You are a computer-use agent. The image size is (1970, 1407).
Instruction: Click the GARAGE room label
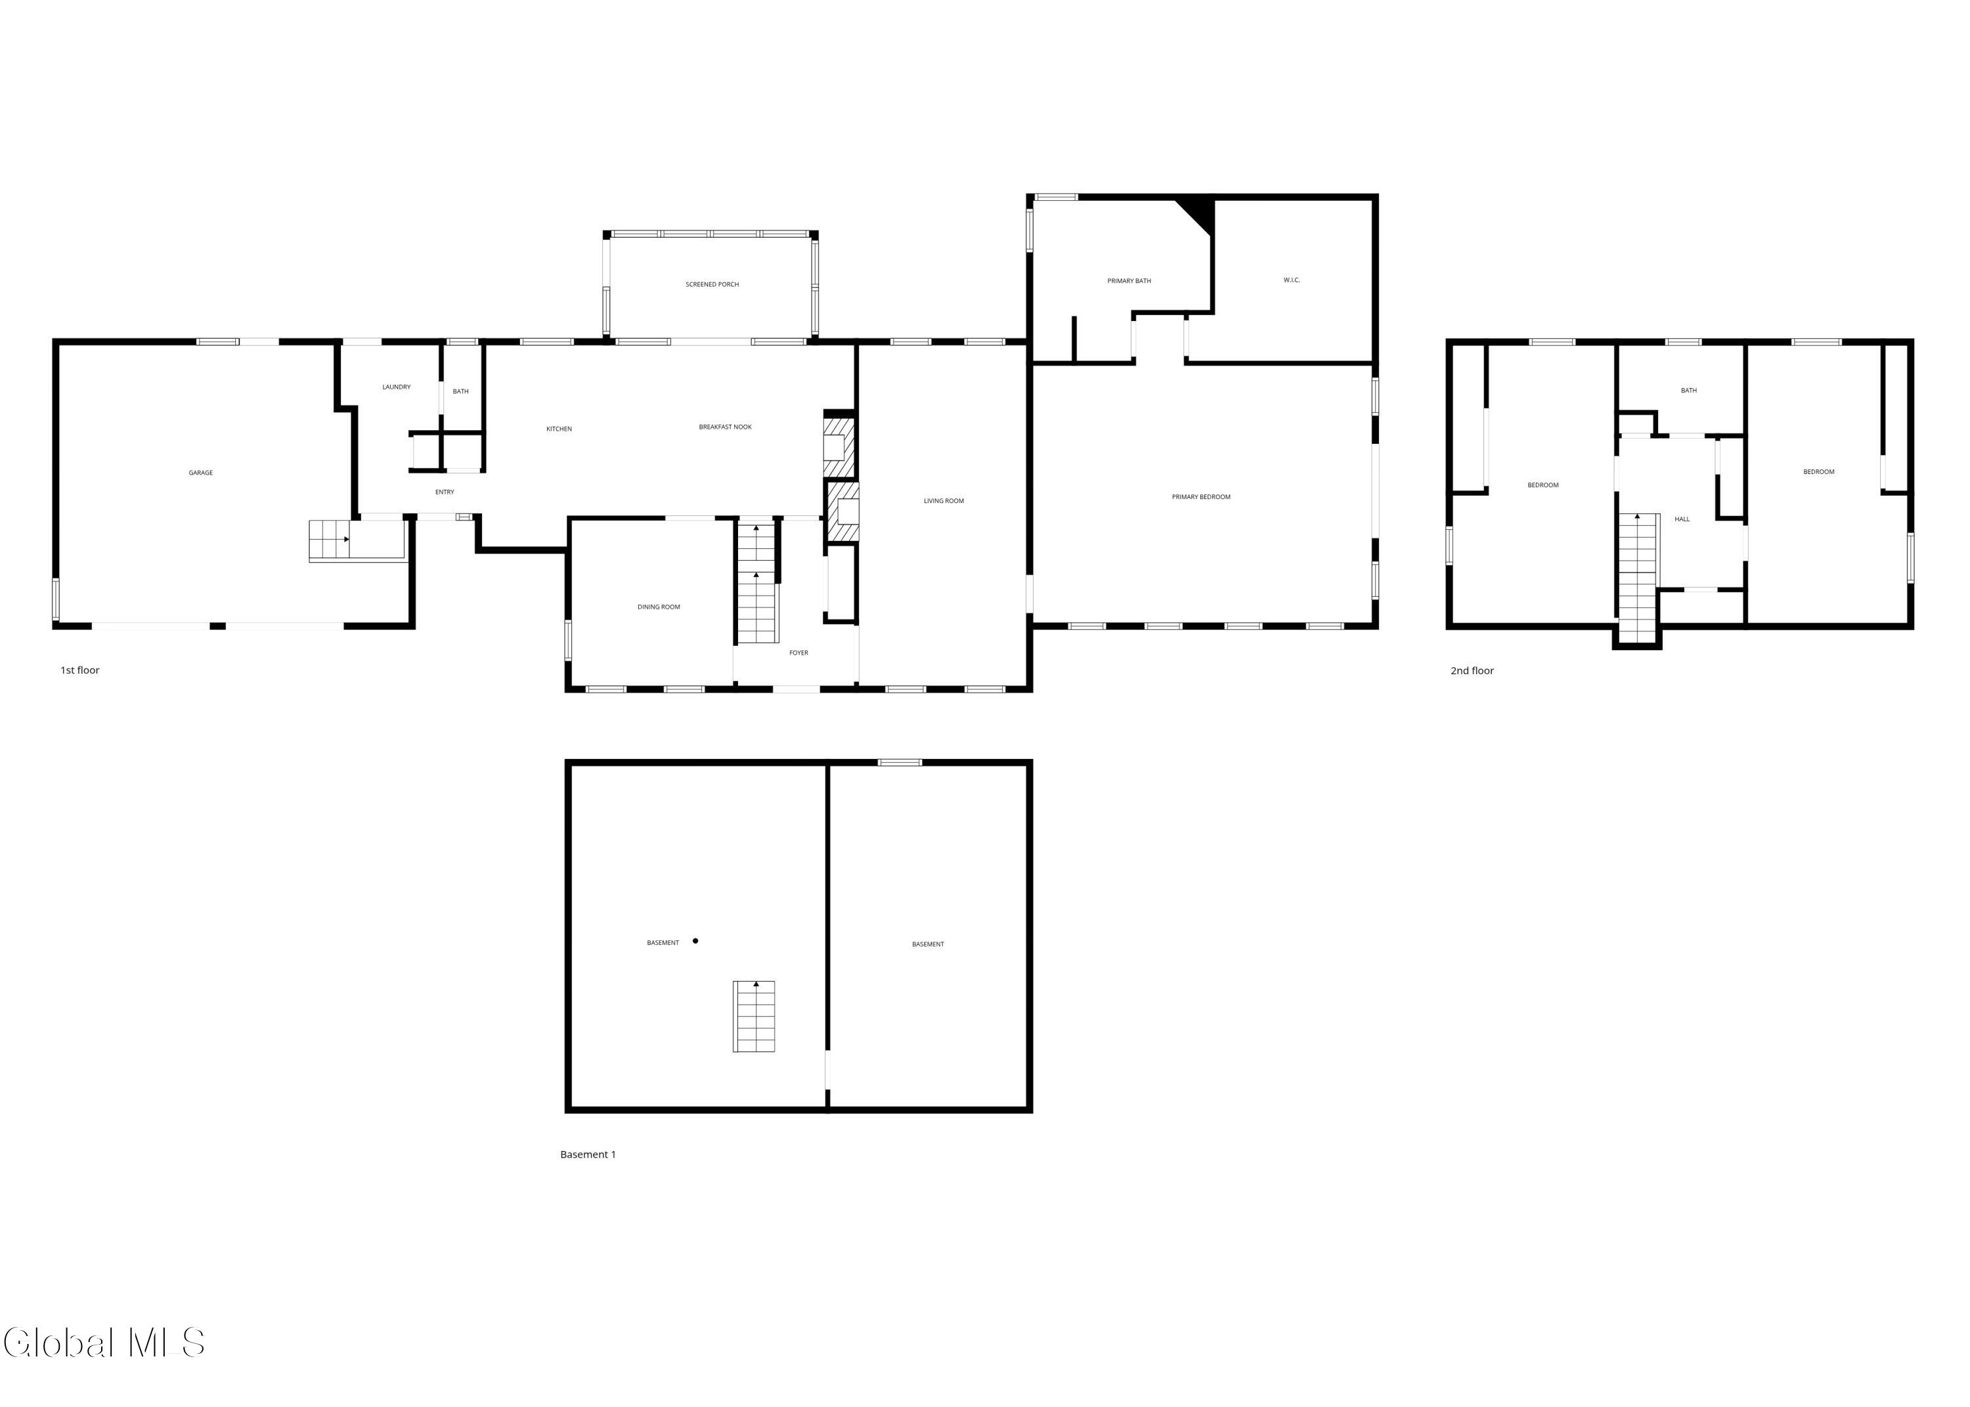click(200, 473)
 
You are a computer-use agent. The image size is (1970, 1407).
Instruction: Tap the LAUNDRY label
click(396, 387)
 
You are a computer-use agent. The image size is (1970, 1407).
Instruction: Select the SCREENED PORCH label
click(712, 284)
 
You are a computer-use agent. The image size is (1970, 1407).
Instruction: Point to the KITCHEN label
click(559, 429)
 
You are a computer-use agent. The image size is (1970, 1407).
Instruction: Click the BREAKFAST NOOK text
click(725, 427)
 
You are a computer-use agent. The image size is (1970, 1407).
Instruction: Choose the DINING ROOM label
click(659, 607)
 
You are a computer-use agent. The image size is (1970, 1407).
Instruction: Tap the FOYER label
click(798, 653)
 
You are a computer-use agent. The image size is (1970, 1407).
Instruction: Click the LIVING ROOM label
click(944, 501)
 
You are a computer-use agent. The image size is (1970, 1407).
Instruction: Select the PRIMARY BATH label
click(1129, 281)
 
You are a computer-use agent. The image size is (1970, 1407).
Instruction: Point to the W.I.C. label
click(1291, 280)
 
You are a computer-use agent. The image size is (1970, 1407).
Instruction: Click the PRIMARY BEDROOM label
click(1200, 497)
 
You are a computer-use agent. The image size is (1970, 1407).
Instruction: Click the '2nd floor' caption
click(1472, 670)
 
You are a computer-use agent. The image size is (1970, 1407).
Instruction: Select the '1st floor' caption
click(79, 670)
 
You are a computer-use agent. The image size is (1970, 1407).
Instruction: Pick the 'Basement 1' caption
click(587, 1155)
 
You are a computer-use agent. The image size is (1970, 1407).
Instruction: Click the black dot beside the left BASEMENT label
click(695, 941)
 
